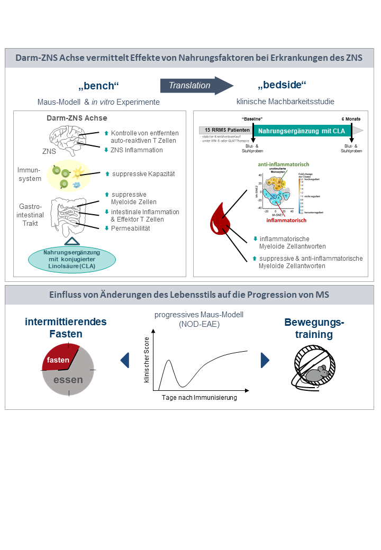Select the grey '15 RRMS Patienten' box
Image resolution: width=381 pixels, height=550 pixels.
pos(226,130)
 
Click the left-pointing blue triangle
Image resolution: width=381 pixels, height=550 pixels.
pos(125,360)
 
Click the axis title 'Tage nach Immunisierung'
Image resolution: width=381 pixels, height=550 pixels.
pos(199,398)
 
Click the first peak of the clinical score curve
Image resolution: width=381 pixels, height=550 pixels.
pos(168,361)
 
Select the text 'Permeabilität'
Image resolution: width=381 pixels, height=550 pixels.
pos(131,228)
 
